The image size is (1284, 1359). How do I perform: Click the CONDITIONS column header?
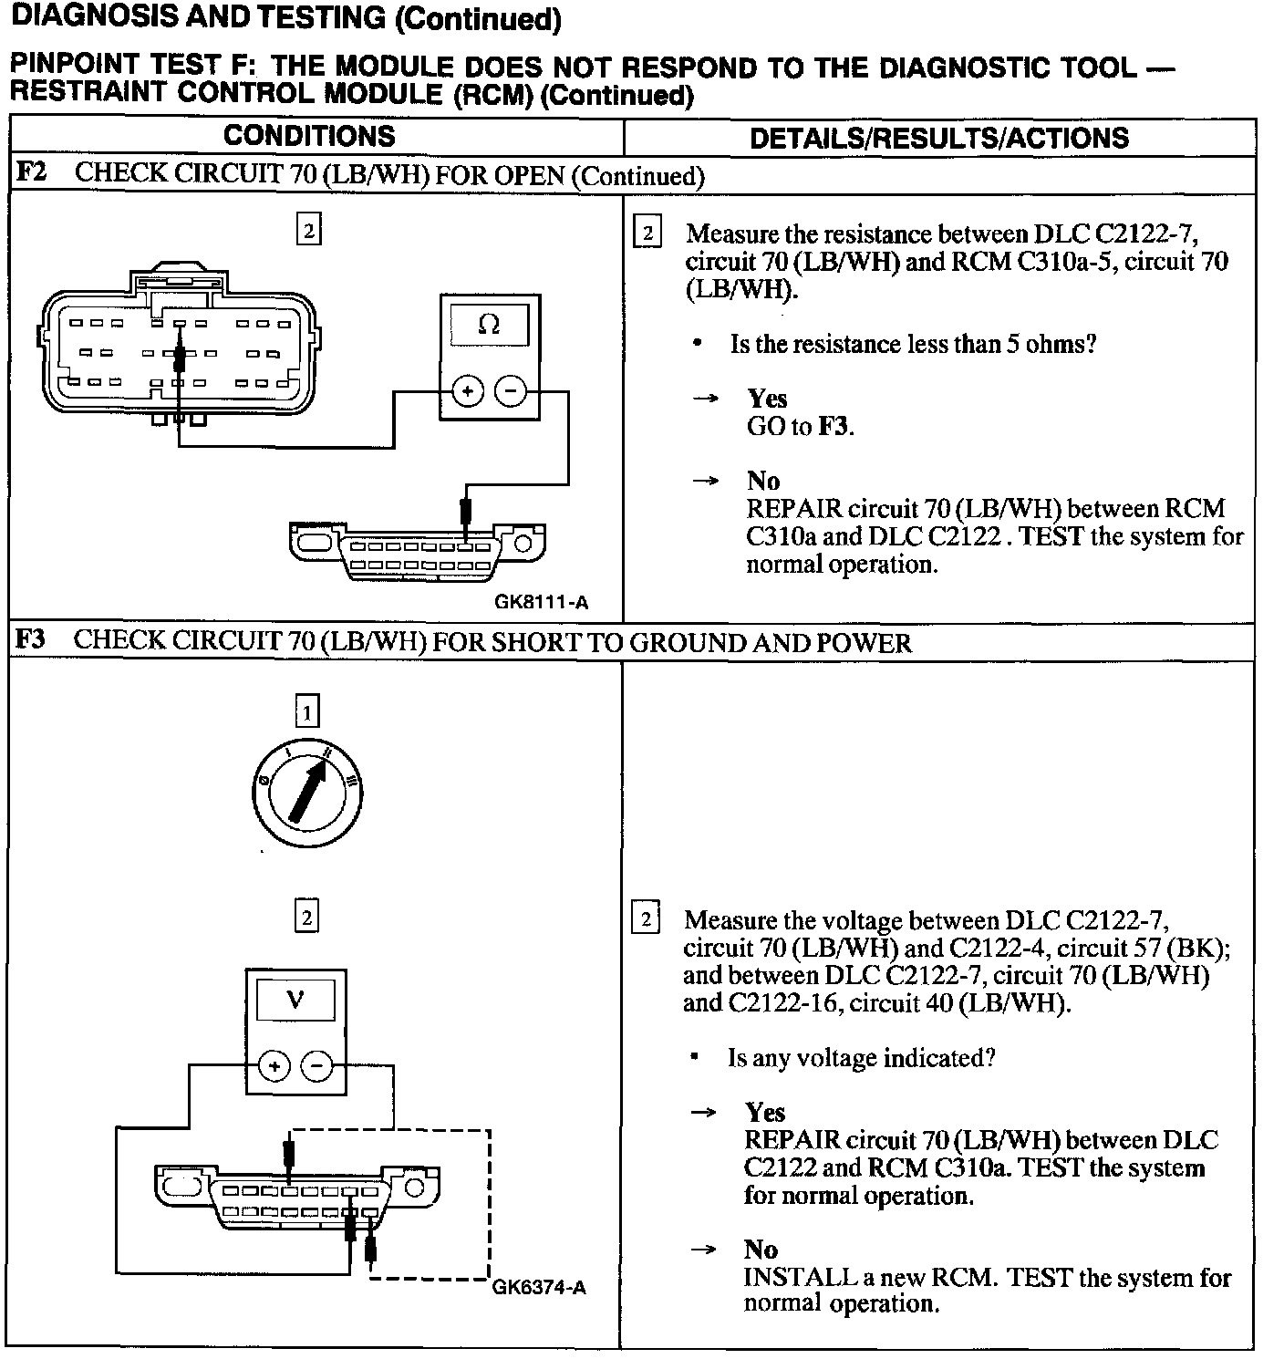click(309, 137)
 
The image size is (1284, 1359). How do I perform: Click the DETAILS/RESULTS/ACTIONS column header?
click(939, 139)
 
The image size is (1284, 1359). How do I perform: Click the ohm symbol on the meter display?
click(489, 325)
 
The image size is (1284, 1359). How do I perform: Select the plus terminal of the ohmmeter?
click(467, 392)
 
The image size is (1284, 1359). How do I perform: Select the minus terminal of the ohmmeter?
click(511, 392)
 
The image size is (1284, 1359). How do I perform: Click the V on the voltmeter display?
click(295, 1001)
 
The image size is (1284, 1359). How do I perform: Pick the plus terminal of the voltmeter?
click(274, 1065)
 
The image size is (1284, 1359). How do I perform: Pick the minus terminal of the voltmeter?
click(316, 1065)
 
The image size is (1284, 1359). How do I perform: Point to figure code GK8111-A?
click(542, 602)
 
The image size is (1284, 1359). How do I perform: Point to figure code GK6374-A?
click(539, 1287)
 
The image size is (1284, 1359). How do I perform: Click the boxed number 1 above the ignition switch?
click(307, 711)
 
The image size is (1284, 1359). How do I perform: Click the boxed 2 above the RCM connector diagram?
click(308, 231)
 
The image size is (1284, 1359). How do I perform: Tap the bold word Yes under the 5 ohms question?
click(767, 399)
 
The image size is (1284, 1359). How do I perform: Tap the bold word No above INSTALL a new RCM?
click(761, 1250)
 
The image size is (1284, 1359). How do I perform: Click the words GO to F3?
click(800, 426)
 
